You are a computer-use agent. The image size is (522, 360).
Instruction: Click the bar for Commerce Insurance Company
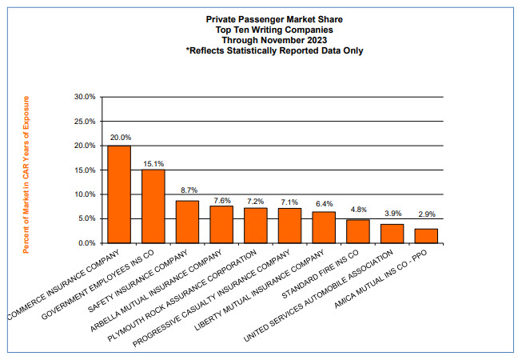[119, 194]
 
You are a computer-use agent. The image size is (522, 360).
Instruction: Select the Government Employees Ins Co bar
[153, 206]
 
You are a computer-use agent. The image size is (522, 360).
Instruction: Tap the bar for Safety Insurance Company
[187, 222]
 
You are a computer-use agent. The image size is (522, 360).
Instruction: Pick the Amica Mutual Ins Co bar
[427, 235]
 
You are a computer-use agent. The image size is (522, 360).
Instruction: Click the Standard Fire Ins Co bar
[358, 230]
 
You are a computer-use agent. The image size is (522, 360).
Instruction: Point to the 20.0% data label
[119, 138]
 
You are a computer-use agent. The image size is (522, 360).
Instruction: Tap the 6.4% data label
[324, 203]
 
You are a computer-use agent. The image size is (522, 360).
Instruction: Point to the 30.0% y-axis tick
[84, 97]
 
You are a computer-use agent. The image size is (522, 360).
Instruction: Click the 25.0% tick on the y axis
[84, 122]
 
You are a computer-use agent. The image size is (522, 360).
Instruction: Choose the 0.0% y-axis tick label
[86, 242]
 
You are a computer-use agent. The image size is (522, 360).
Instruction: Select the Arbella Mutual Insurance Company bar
[221, 224]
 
